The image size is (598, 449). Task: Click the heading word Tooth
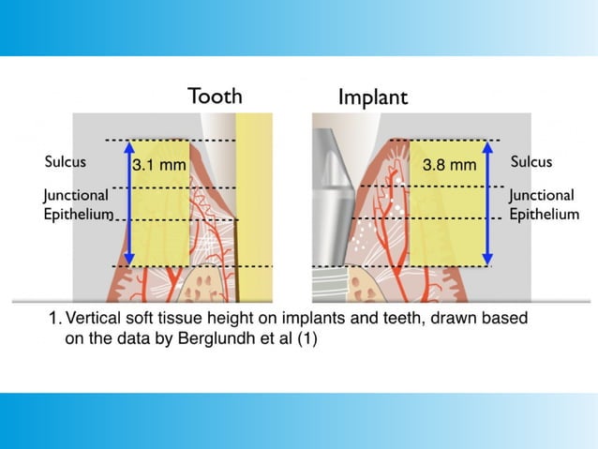(215, 96)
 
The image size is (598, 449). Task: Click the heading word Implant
(372, 97)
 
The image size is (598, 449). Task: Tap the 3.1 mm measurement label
(159, 165)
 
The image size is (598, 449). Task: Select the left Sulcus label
(65, 161)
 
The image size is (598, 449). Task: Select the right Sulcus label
(531, 161)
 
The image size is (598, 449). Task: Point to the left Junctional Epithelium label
(78, 205)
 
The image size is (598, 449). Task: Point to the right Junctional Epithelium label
(543, 205)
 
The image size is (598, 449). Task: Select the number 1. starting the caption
(55, 319)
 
